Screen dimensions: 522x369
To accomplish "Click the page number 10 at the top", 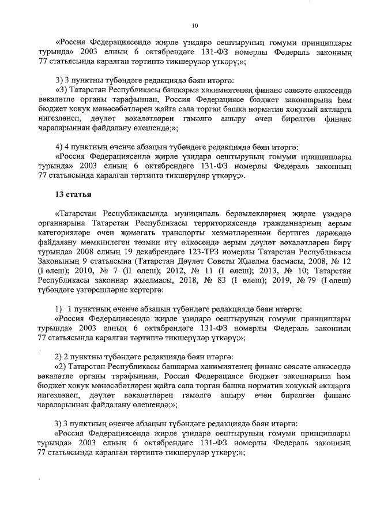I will point(194,25).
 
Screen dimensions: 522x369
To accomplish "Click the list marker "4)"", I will point(59,147).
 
